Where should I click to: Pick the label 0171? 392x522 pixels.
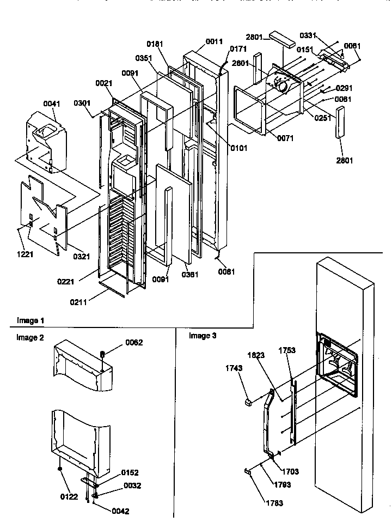click(238, 49)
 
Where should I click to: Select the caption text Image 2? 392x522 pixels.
click(30, 338)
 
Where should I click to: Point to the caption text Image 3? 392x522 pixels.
click(203, 336)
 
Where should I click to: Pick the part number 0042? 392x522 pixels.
click(120, 512)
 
